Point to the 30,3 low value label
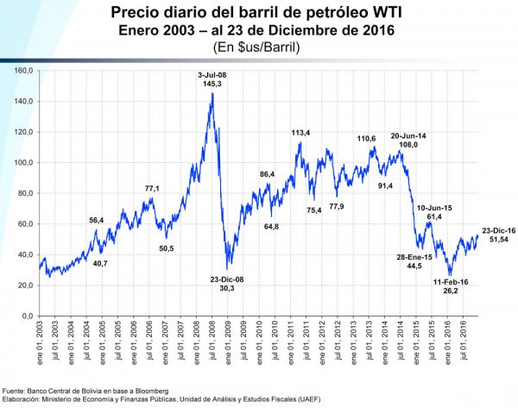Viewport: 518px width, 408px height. (228, 287)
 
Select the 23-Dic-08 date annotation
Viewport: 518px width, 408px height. (228, 278)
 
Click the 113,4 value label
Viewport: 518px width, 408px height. (300, 134)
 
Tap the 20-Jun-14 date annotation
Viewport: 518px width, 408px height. (407, 135)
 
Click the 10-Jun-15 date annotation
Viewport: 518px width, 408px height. (434, 207)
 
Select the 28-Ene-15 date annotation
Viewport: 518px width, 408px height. (415, 257)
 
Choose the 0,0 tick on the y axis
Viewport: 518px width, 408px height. (26, 317)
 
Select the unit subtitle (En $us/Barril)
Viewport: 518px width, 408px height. (258, 47)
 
